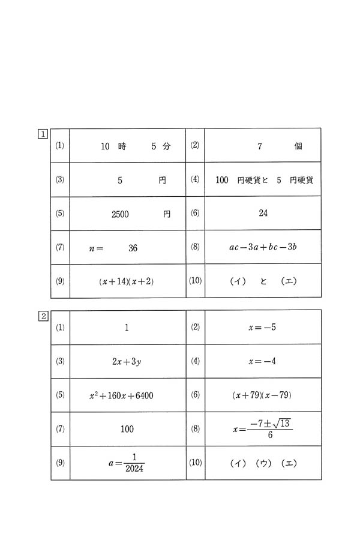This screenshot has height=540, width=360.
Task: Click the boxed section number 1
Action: click(x=43, y=133)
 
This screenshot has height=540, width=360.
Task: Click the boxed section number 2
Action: click(x=43, y=316)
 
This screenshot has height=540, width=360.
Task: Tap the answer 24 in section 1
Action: click(x=263, y=213)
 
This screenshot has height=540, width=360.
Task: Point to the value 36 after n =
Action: click(x=133, y=248)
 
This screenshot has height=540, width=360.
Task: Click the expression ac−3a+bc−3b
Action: click(x=263, y=247)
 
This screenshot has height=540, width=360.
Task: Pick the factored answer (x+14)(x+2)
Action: click(x=127, y=281)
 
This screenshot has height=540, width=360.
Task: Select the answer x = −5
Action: click(x=262, y=328)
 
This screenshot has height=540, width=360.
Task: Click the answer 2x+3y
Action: click(x=127, y=362)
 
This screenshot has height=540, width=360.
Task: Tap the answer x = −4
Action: click(x=262, y=361)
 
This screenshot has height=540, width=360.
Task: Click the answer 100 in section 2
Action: click(x=127, y=429)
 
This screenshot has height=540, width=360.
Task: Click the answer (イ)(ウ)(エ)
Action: click(x=263, y=463)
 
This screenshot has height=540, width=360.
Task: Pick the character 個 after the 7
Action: click(x=298, y=146)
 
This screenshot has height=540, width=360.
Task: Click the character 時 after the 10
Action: click(x=122, y=146)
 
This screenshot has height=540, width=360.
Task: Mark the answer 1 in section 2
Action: click(x=127, y=328)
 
